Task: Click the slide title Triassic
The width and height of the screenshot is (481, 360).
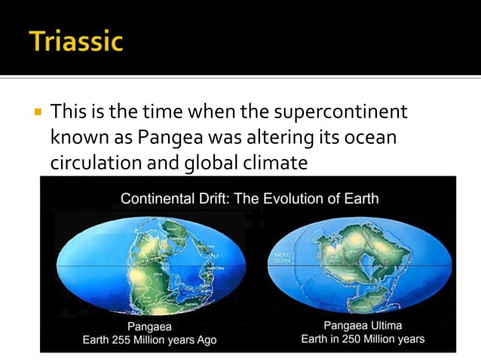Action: (76, 40)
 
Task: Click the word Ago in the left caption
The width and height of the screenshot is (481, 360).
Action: (206, 340)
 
